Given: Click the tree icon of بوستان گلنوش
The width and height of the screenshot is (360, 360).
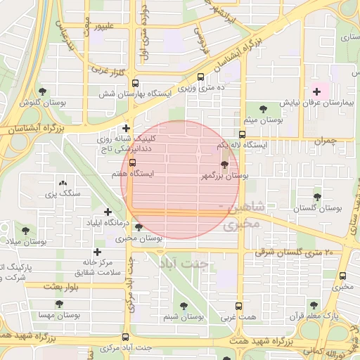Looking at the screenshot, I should coord(42,91).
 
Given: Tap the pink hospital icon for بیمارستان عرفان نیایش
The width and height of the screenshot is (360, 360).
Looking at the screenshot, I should coord(316,91).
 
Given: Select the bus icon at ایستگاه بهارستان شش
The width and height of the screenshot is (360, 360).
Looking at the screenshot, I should coord(202,78).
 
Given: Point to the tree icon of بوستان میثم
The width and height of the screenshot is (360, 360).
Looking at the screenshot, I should coord(263,109).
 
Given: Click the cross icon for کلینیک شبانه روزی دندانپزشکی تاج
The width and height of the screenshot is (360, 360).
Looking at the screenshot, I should coord(126,128).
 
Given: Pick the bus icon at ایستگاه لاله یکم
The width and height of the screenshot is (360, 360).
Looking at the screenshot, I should coord(242,134).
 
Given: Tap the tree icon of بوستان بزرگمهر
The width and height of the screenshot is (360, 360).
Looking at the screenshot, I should coord(224,167).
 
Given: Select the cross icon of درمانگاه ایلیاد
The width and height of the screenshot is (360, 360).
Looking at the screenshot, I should coord(108,212).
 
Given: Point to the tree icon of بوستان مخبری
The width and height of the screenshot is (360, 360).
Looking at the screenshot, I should coord(139,227).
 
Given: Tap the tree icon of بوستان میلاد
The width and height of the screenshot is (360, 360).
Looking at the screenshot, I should coord(26,231).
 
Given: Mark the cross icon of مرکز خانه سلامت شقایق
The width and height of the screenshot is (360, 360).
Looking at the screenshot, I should coord(97,252).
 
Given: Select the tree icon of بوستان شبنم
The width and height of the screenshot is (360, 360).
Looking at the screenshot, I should coord(184,306).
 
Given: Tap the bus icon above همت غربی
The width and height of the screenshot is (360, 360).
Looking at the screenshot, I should coord(239,307).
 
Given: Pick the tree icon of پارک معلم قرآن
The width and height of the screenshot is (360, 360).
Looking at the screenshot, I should coord(314,305).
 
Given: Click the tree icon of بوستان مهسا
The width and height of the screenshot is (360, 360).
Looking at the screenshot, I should coord(58,304).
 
